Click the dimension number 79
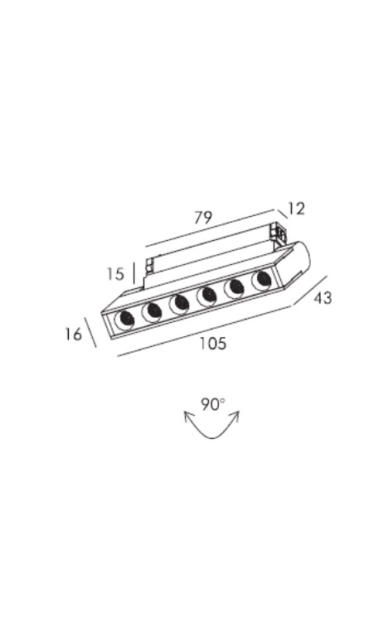(x=203, y=218)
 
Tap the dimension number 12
(x=296, y=209)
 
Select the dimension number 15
(x=115, y=274)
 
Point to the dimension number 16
(x=73, y=334)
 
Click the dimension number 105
(x=213, y=343)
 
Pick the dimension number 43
(x=322, y=297)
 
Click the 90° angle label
(x=213, y=405)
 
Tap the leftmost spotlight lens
(x=124, y=320)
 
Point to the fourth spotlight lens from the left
(x=207, y=296)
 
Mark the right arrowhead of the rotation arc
(x=237, y=415)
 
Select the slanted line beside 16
(x=91, y=331)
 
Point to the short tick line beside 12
(x=282, y=214)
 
